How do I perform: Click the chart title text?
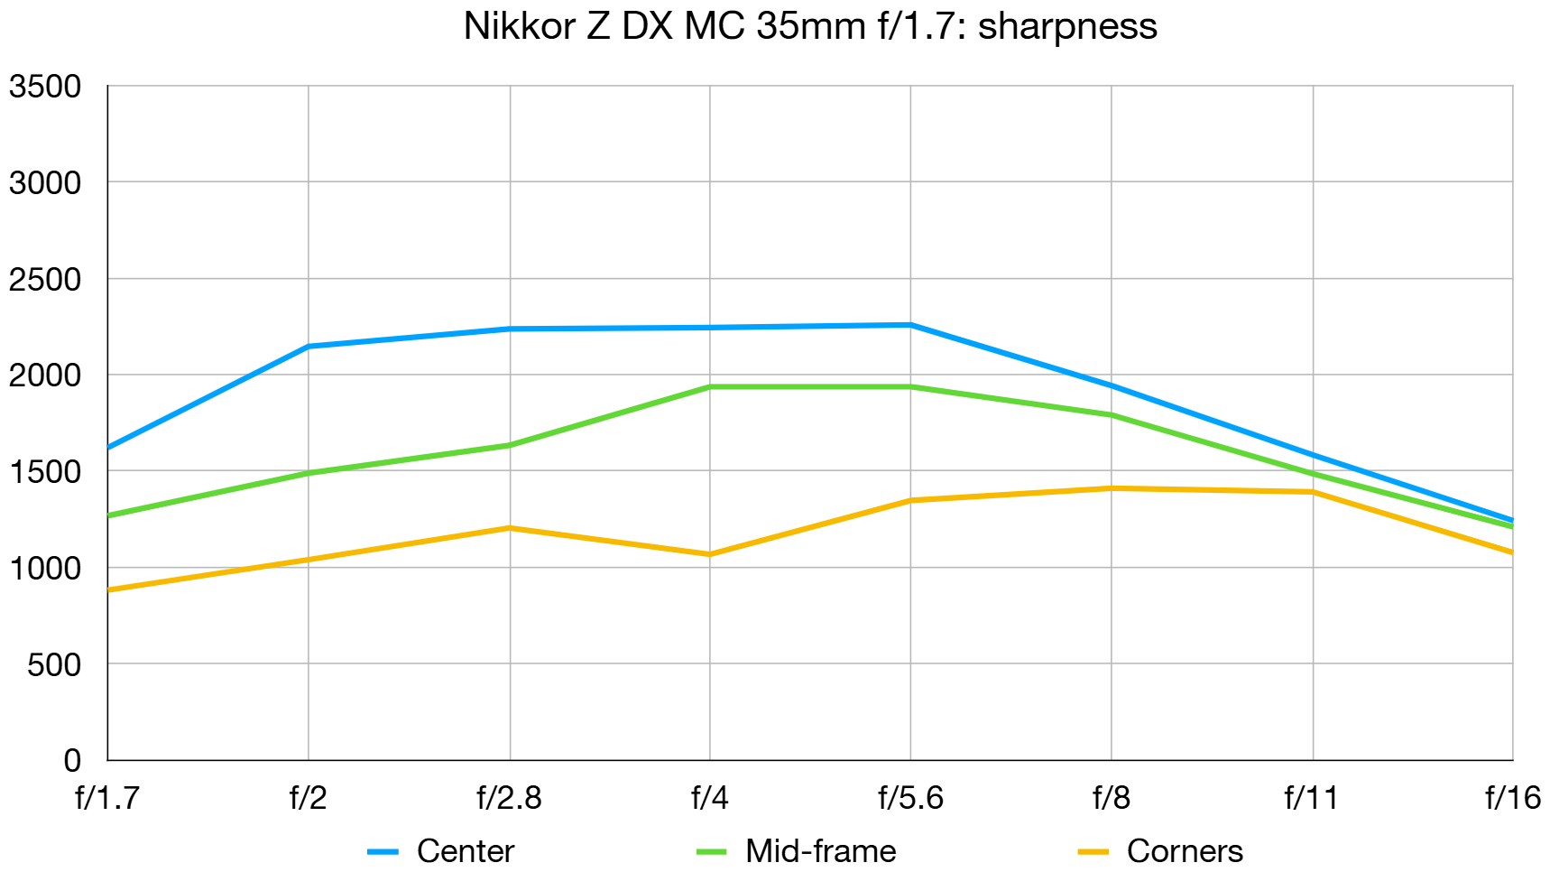point(809,26)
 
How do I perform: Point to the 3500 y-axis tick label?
point(45,87)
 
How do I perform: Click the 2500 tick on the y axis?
point(45,279)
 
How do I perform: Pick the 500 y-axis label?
point(54,664)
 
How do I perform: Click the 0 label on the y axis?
point(72,760)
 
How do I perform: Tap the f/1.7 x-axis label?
point(107,797)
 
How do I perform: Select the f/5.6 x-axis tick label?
point(910,797)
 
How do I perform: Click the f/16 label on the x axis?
point(1512,797)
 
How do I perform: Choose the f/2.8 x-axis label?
point(509,797)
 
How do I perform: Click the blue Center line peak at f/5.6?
point(910,325)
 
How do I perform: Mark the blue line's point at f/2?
point(309,346)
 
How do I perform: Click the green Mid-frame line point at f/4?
point(710,386)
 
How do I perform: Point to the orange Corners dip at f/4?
point(710,554)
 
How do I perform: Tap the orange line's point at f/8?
point(1111,488)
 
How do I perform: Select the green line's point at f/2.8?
point(510,445)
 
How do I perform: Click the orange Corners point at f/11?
point(1312,492)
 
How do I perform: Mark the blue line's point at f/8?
point(1111,385)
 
